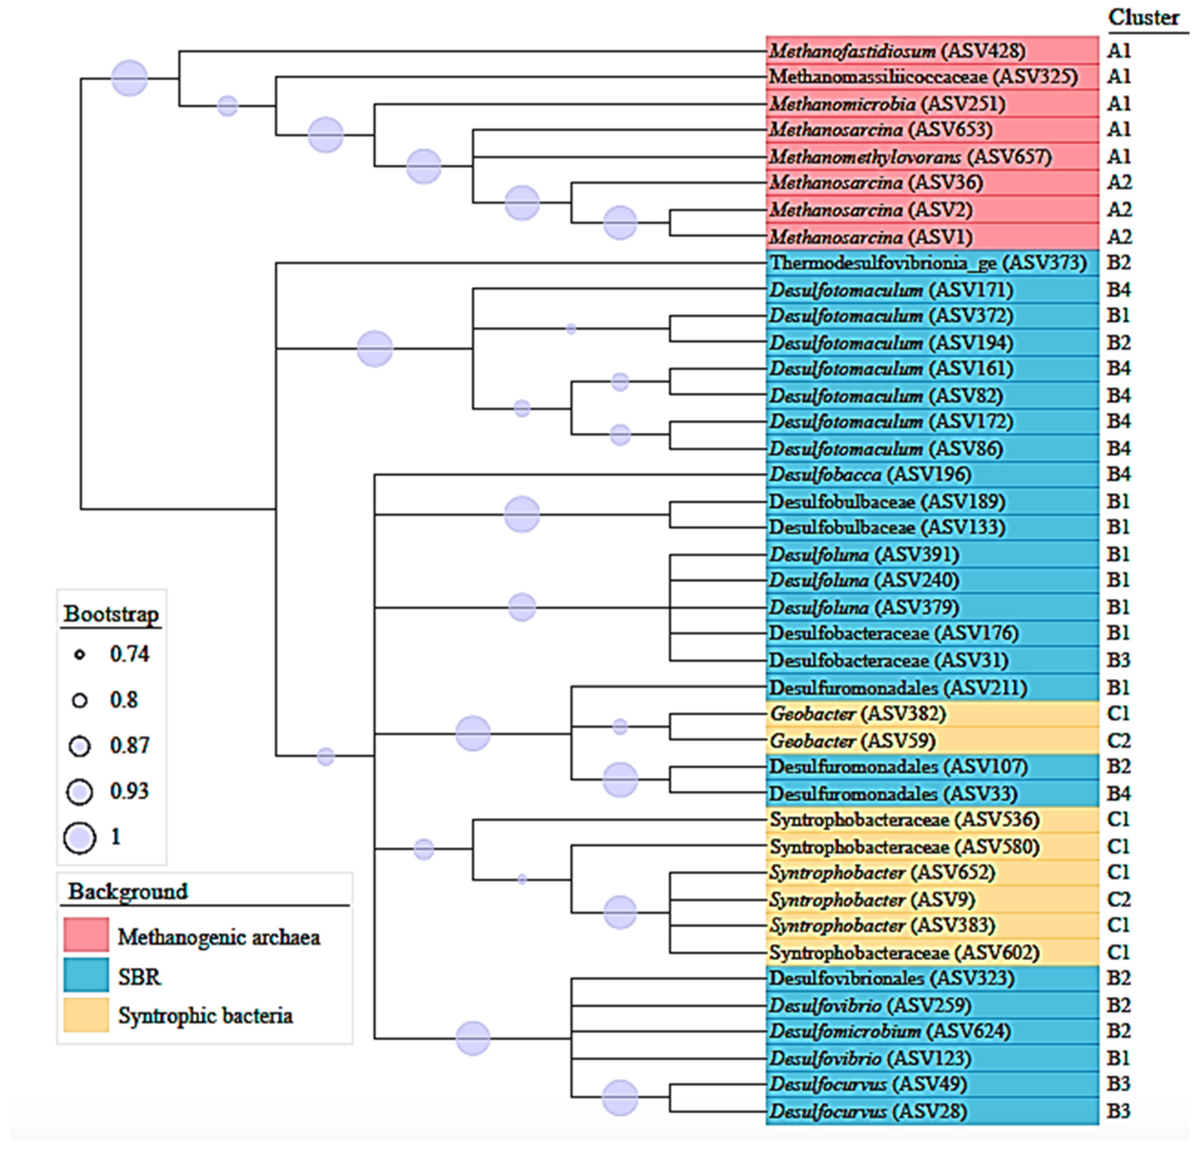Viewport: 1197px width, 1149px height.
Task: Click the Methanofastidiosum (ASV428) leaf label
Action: tap(896, 51)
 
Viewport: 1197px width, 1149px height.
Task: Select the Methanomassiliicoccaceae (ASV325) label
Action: tap(923, 77)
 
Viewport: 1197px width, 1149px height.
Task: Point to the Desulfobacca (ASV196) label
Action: tap(870, 475)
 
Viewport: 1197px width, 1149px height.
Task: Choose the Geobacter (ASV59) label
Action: tap(852, 741)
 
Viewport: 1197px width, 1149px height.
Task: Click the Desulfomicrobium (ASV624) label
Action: tap(889, 1031)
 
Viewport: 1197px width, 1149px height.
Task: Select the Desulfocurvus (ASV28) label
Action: tap(867, 1111)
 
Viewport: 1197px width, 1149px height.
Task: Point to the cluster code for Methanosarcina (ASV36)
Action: tap(1119, 183)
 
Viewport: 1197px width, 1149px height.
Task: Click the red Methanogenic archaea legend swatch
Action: tap(86, 935)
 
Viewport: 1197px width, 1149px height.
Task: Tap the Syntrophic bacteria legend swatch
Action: tap(86, 1015)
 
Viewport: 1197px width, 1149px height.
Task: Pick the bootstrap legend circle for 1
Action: tap(79, 837)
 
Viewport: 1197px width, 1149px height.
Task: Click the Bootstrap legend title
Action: tap(111, 614)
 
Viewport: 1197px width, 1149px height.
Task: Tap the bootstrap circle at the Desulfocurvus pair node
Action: tap(620, 1098)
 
